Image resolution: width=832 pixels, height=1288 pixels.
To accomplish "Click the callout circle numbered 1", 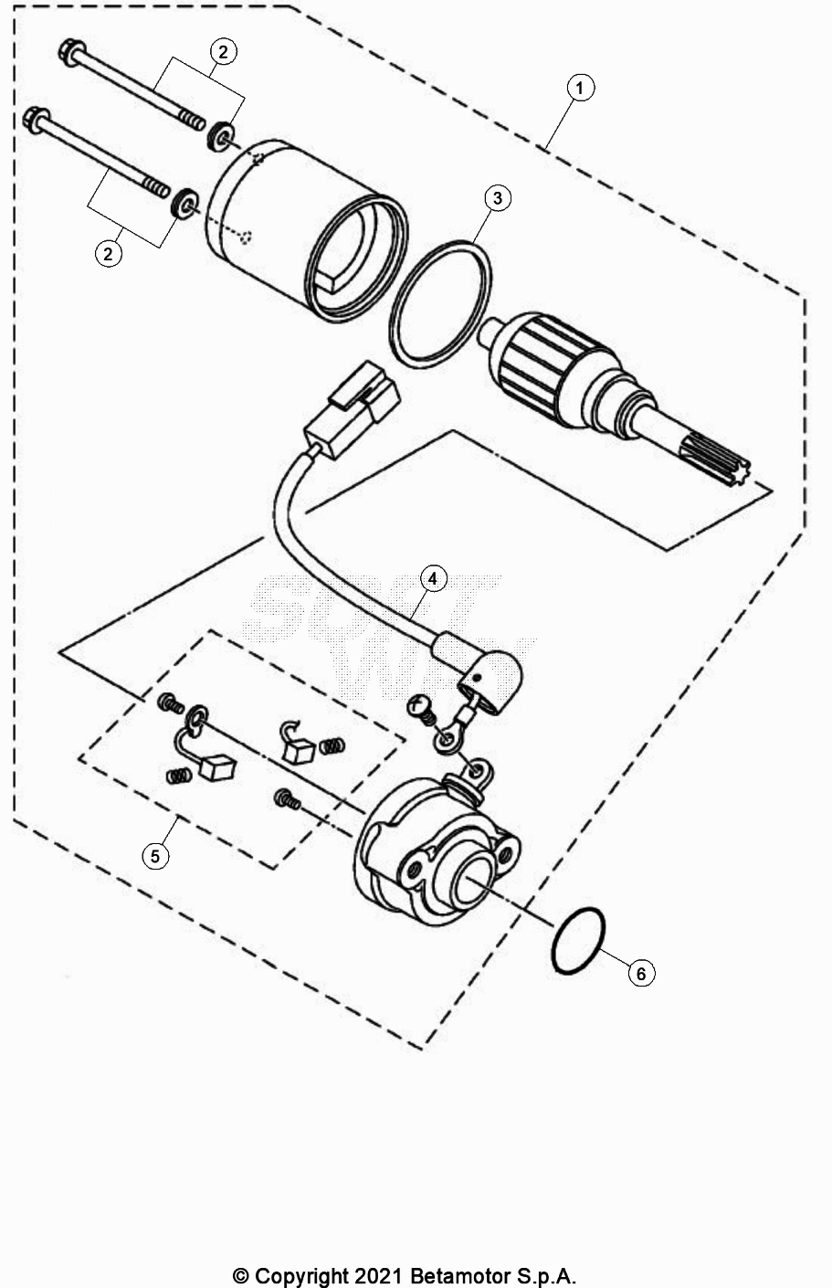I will tap(580, 88).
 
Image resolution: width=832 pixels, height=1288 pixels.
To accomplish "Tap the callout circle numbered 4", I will tap(433, 578).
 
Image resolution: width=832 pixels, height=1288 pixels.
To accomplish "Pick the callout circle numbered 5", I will tap(155, 855).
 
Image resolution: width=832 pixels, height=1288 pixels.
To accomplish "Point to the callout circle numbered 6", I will tap(641, 974).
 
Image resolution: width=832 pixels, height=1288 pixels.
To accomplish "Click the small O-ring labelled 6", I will tap(578, 941).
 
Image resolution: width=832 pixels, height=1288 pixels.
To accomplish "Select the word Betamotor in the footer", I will tap(461, 1275).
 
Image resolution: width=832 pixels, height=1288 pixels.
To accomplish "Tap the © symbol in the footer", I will tap(241, 1275).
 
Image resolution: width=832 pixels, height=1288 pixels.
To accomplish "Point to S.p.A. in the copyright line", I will tap(547, 1275).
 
